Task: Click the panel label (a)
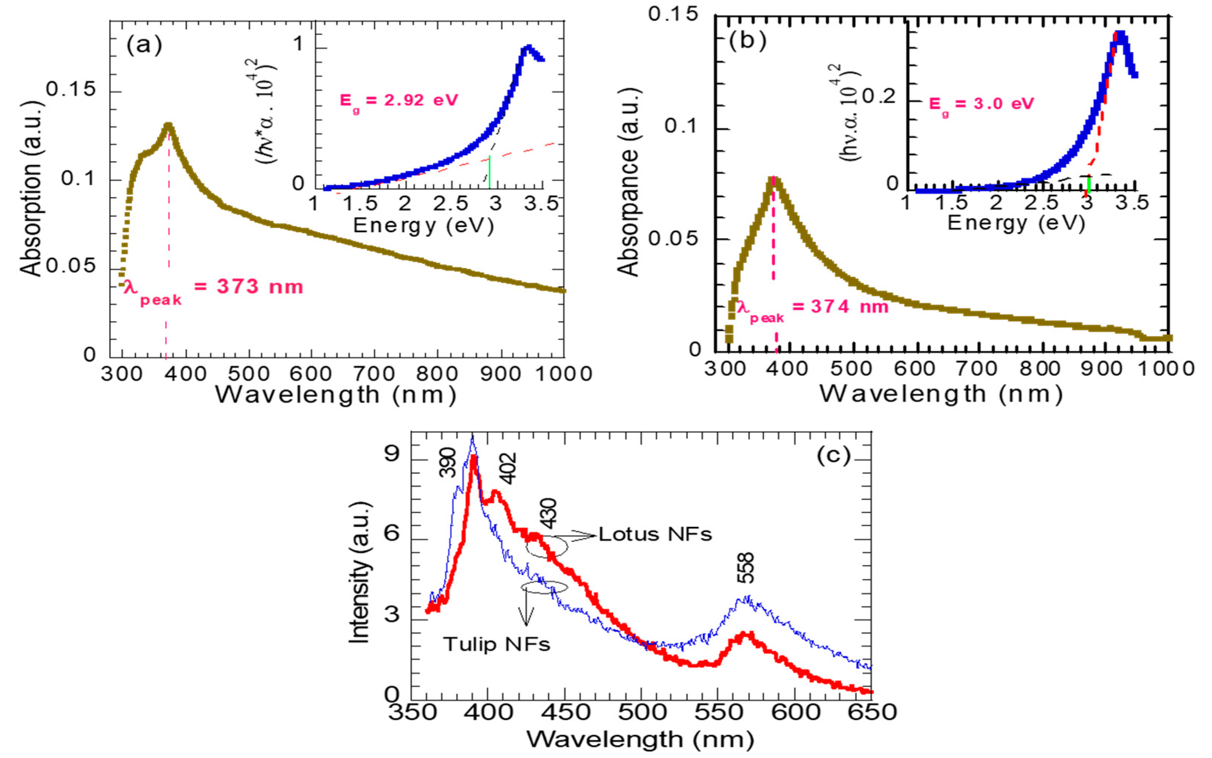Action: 144,46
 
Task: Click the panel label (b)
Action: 747,41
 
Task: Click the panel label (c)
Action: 834,456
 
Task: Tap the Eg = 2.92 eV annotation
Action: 399,101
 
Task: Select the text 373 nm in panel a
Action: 259,287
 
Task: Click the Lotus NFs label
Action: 655,534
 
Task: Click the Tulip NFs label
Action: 496,644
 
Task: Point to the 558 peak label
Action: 746,568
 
